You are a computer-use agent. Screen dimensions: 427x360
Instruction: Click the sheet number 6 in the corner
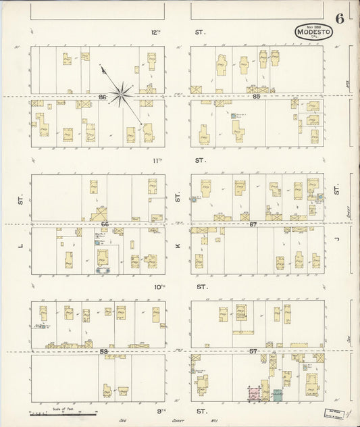(342, 18)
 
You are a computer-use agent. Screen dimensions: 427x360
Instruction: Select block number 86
(103, 97)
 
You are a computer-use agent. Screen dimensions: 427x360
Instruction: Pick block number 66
(105, 224)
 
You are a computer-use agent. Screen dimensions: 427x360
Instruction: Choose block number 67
(253, 224)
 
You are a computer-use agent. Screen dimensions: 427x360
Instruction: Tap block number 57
(253, 351)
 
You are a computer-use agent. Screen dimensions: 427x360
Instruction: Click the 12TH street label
(157, 32)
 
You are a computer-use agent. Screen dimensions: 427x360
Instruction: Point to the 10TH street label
(159, 286)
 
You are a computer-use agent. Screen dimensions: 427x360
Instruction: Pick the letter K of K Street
(178, 247)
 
